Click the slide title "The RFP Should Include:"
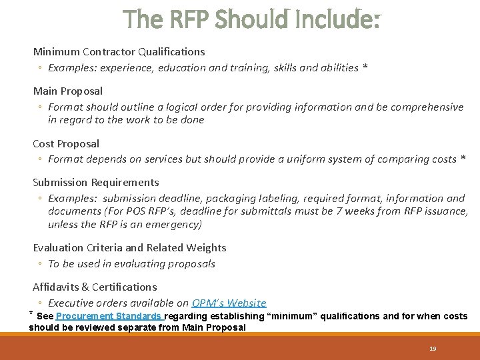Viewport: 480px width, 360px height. (x=252, y=20)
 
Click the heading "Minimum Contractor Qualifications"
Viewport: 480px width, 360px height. (x=119, y=51)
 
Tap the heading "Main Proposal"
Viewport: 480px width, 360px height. (x=68, y=91)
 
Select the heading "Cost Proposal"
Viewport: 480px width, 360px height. (x=66, y=143)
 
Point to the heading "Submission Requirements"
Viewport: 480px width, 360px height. (x=96, y=182)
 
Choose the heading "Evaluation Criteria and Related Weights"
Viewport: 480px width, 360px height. (x=129, y=247)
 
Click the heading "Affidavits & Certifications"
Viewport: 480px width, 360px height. (x=95, y=287)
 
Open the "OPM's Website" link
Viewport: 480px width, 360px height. (x=229, y=303)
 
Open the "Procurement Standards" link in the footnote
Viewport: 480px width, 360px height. (x=109, y=316)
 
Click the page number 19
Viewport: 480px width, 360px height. (x=433, y=349)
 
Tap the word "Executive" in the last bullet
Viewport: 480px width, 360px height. (x=71, y=303)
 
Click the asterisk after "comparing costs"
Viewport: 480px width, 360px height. (x=463, y=159)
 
